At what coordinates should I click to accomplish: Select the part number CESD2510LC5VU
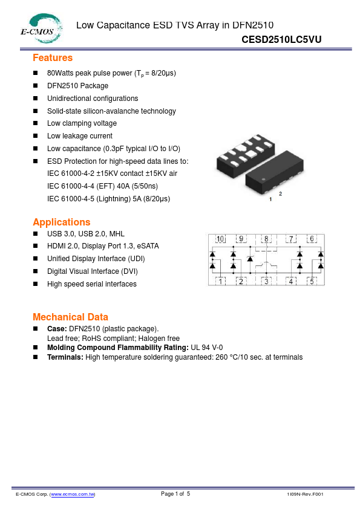[281, 39]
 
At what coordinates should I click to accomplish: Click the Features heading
[53, 58]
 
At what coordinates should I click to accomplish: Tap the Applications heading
[62, 222]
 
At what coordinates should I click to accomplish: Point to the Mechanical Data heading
[70, 317]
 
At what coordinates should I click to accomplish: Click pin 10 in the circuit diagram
[220, 239]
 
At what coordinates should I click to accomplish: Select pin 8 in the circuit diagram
[266, 239]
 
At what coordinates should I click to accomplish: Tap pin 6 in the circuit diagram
[312, 239]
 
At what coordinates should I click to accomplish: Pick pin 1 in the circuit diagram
[221, 281]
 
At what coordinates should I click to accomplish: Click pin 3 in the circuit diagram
[266, 281]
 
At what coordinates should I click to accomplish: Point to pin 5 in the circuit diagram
[312, 281]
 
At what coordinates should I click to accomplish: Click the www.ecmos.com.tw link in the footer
[72, 494]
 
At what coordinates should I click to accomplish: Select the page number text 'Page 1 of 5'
[175, 494]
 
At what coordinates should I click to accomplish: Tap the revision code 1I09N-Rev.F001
[305, 494]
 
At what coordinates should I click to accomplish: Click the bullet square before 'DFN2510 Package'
[35, 86]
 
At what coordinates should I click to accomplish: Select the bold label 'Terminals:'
[65, 357]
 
